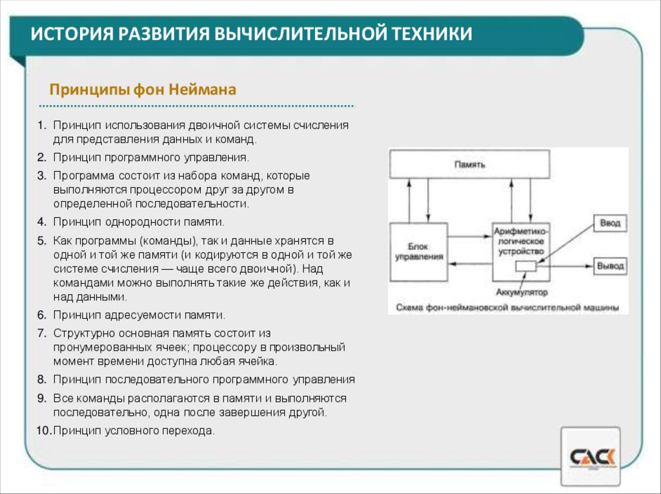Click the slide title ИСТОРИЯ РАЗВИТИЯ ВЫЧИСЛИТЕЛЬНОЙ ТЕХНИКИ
pos(252,34)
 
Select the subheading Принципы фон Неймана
pos(143,89)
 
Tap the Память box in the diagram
pos(469,164)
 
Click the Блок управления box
pos(418,252)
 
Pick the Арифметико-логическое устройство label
pos(521,240)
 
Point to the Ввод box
pos(609,223)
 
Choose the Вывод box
pos(609,266)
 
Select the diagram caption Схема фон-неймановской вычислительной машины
pos(508,306)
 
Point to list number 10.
pos(43,431)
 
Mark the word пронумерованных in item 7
pos(97,348)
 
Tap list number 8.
pos(41,379)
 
